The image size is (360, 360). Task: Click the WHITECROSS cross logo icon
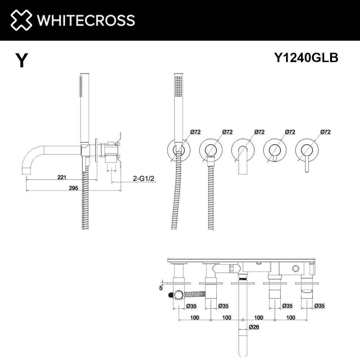tap(21, 20)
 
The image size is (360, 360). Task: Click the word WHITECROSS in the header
tap(86, 20)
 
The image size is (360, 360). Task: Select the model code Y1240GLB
tap(306, 57)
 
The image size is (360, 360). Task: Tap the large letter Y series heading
tap(22, 60)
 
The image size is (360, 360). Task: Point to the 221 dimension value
tap(62, 177)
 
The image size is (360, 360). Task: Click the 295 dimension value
tap(73, 188)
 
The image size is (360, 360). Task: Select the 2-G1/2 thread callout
tap(144, 178)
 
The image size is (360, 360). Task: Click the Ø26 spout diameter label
tap(254, 327)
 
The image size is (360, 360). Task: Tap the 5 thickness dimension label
tap(161, 288)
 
